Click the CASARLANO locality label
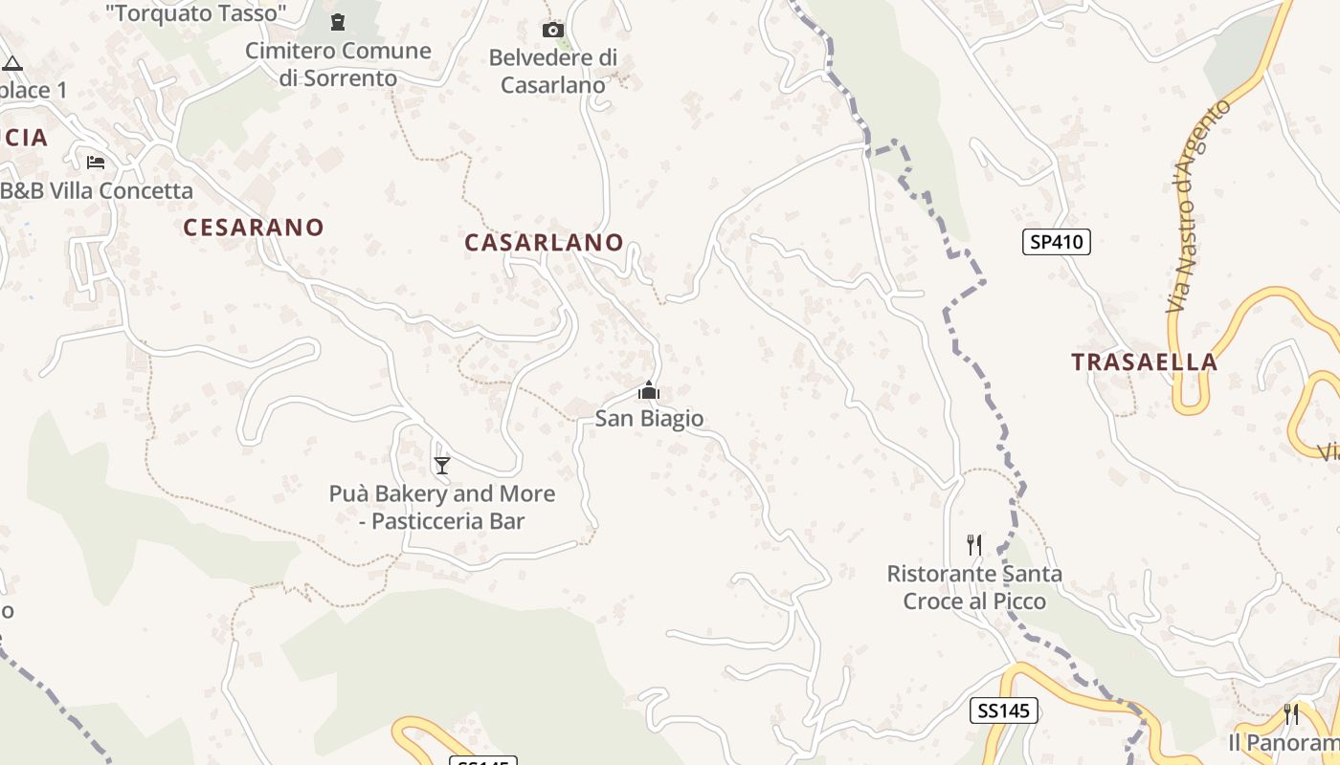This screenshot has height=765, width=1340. (x=544, y=243)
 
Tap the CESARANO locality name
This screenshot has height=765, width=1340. (x=254, y=228)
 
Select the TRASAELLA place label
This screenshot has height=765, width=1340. (x=1144, y=362)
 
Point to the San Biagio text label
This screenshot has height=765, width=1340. (x=649, y=419)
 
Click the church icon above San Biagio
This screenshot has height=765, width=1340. (x=649, y=391)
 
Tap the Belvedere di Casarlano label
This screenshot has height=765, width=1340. (x=553, y=72)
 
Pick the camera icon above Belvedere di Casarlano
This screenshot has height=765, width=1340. (x=553, y=31)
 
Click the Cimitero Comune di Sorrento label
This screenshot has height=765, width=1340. (x=339, y=64)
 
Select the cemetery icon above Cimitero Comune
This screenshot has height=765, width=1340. (x=338, y=21)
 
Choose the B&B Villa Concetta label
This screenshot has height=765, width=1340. (x=96, y=190)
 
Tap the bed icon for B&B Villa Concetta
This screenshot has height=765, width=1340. (x=96, y=162)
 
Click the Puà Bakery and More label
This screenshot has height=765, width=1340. (x=442, y=507)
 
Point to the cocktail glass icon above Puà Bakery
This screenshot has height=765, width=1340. (x=442, y=466)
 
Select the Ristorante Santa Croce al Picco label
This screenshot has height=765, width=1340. (x=974, y=587)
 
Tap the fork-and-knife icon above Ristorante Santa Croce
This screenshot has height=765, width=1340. (x=974, y=545)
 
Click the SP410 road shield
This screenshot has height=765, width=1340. (x=1056, y=242)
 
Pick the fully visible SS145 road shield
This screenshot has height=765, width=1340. (x=1004, y=710)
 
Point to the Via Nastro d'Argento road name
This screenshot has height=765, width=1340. (x=1197, y=207)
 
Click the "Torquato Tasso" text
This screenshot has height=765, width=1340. (x=196, y=13)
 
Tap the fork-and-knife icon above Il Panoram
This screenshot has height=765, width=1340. (x=1291, y=714)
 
